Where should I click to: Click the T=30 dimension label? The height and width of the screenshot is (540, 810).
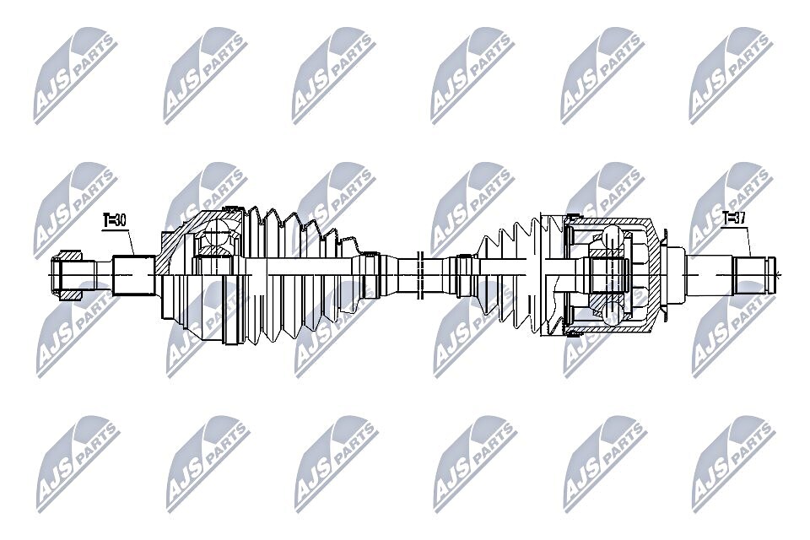115,220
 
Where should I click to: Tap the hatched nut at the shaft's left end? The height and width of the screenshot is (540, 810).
67,273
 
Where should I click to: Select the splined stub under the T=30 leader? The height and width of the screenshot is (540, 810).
133,274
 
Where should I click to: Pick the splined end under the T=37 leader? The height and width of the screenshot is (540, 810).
751,275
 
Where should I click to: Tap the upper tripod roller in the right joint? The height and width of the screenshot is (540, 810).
609,236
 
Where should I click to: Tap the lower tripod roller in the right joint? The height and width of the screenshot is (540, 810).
609,312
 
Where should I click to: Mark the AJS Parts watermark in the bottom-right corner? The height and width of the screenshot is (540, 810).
731,460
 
